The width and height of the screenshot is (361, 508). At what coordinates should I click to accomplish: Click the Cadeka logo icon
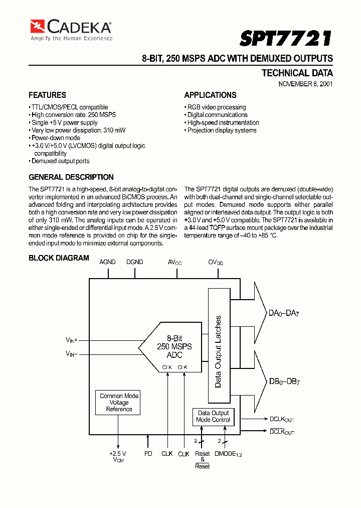point(38,26)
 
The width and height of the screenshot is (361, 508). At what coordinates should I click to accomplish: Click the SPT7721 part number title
point(285,38)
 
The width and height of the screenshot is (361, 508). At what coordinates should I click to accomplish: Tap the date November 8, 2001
point(305,84)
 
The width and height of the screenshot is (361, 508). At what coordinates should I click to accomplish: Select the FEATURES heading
point(47,95)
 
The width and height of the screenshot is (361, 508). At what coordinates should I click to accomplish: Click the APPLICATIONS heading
point(210,95)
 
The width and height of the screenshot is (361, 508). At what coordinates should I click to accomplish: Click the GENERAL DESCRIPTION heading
point(71,177)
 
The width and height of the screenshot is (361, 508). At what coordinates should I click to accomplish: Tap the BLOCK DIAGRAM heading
point(59,258)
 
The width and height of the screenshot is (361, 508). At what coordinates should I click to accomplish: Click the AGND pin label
point(107,262)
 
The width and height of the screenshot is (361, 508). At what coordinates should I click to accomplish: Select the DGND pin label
point(134,262)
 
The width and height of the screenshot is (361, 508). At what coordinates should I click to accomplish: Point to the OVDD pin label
point(216,263)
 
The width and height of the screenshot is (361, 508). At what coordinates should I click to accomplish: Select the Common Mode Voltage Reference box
point(119,403)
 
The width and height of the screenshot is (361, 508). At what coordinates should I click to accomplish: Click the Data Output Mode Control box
point(213,416)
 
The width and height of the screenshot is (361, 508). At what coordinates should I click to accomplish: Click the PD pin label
point(148,453)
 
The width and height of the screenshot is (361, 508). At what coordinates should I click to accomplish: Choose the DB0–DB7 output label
point(284,381)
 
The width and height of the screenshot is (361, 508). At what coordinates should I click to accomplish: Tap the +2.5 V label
point(118,453)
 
